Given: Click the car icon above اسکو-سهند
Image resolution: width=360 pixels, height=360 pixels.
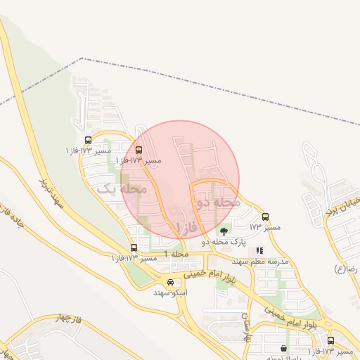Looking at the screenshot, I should (171, 283).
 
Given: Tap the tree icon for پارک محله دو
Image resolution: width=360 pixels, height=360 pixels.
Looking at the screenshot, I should (224, 231).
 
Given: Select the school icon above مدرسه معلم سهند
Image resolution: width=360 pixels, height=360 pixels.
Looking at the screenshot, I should (259, 250).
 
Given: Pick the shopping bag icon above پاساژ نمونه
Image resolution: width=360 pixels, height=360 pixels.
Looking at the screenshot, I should (283, 348).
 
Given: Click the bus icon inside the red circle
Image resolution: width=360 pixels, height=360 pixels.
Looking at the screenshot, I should (138, 150).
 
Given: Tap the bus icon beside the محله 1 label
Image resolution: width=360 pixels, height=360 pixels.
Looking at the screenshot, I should (134, 247).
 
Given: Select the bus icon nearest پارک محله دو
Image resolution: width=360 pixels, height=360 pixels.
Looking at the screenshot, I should (265, 217).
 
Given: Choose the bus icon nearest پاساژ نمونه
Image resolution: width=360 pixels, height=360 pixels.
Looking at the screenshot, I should (330, 341).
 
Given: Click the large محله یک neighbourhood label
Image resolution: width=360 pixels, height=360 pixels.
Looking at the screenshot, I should (121, 188).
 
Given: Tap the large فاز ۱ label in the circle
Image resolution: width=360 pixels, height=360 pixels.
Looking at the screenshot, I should (188, 226).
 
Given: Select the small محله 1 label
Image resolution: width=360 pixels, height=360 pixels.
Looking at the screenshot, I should (176, 253).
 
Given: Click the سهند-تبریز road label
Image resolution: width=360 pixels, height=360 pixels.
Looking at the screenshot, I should (52, 193).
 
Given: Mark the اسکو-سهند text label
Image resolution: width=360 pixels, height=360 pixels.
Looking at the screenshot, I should (172, 292).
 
